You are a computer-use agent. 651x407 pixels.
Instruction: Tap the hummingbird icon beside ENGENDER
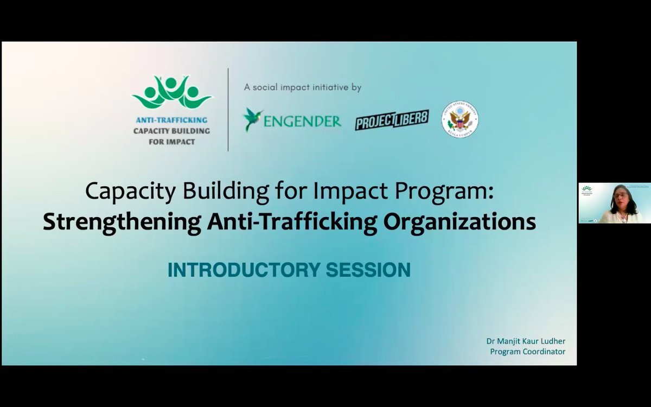[252, 119]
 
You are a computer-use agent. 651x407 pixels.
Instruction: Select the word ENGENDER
[303, 120]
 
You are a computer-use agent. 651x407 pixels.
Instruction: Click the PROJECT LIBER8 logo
[392, 119]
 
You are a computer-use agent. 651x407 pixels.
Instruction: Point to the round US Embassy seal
[459, 119]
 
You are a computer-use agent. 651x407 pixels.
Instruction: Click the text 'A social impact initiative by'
[302, 87]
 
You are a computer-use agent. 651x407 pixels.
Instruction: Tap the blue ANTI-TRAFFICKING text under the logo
[172, 120]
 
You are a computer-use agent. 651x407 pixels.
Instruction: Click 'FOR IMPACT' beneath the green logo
[171, 141]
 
